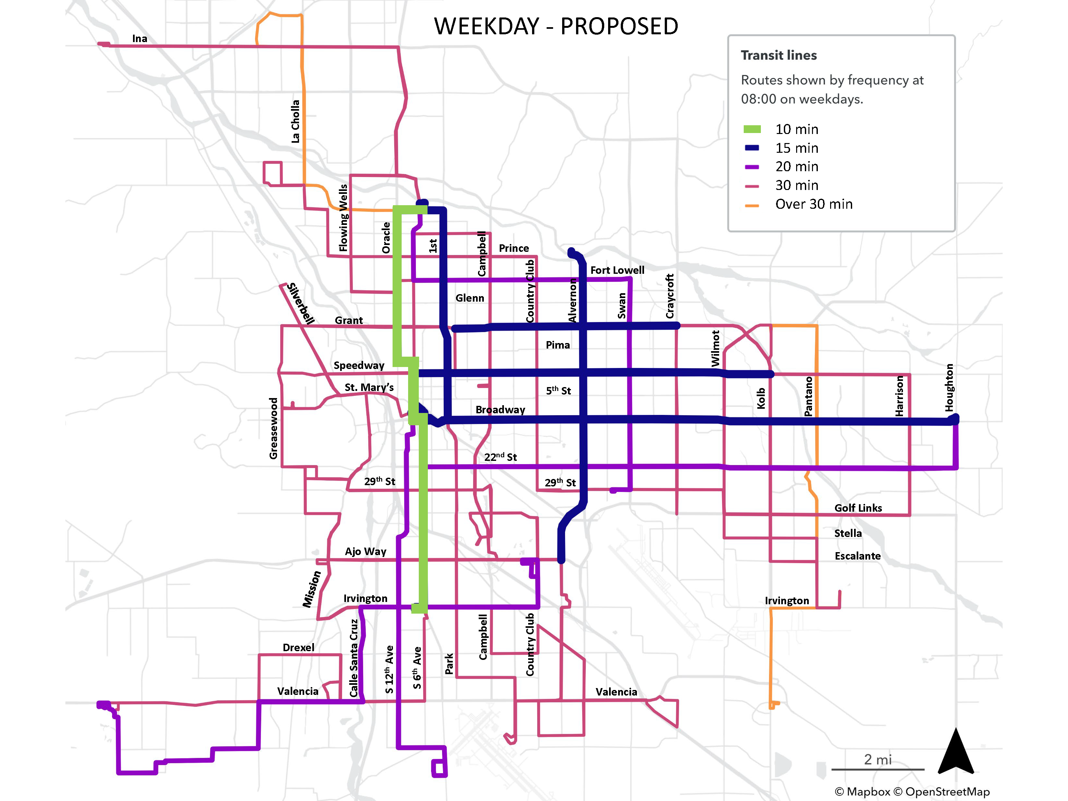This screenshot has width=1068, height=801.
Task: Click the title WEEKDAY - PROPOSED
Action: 556,26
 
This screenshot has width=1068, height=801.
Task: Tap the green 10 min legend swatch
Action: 752,129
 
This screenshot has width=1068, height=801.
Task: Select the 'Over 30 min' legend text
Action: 814,204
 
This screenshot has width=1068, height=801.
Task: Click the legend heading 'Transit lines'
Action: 778,56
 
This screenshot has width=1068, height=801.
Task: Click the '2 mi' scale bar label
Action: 877,760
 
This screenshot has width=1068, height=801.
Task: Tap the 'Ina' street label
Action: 139,39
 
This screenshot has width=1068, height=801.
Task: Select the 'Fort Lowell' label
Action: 617,270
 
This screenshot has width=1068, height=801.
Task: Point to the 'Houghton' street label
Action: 949,388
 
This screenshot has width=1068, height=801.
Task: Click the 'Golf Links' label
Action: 858,508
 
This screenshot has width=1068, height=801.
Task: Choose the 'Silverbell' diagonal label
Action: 300,304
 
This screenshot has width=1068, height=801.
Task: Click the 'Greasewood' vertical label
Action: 273,428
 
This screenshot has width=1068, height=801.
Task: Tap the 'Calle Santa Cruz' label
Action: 354,658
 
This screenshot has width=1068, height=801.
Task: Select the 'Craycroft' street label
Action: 670,296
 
